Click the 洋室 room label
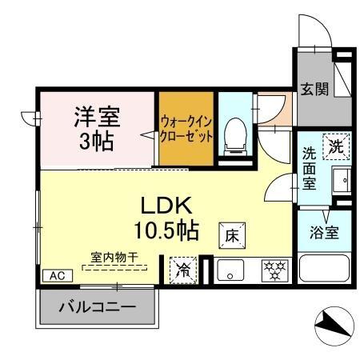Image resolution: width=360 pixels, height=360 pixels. tap(98, 118)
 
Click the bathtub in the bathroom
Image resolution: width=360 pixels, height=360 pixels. tap(324, 266)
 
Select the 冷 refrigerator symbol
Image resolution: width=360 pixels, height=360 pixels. tap(182, 268)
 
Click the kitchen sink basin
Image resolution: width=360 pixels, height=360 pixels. tap(230, 270)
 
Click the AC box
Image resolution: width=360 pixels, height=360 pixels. tap(58, 274)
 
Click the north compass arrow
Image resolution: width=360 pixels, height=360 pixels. tap(330, 324)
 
